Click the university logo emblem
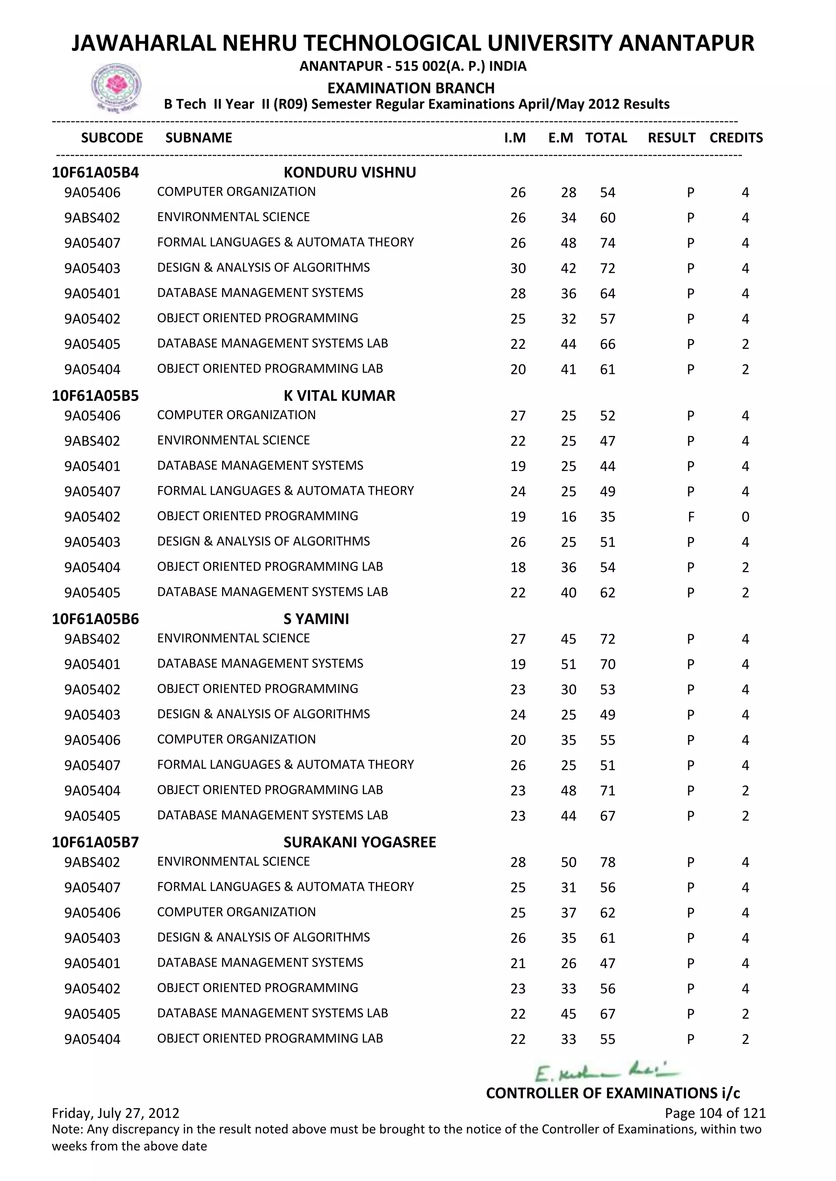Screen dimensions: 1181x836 (x=116, y=86)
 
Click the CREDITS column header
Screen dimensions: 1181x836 (x=736, y=138)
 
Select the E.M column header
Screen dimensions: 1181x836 (x=560, y=138)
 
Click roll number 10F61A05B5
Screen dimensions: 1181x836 (x=95, y=396)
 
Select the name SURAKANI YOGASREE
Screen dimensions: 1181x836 (x=359, y=842)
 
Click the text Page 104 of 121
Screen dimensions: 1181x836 (x=715, y=1113)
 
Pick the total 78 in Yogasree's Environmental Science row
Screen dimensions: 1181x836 (x=607, y=863)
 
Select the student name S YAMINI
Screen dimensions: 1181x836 (x=316, y=619)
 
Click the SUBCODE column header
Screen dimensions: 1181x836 (x=112, y=138)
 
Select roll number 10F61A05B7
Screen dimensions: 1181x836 (x=95, y=842)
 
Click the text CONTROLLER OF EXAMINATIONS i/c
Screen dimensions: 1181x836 (x=613, y=1093)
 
